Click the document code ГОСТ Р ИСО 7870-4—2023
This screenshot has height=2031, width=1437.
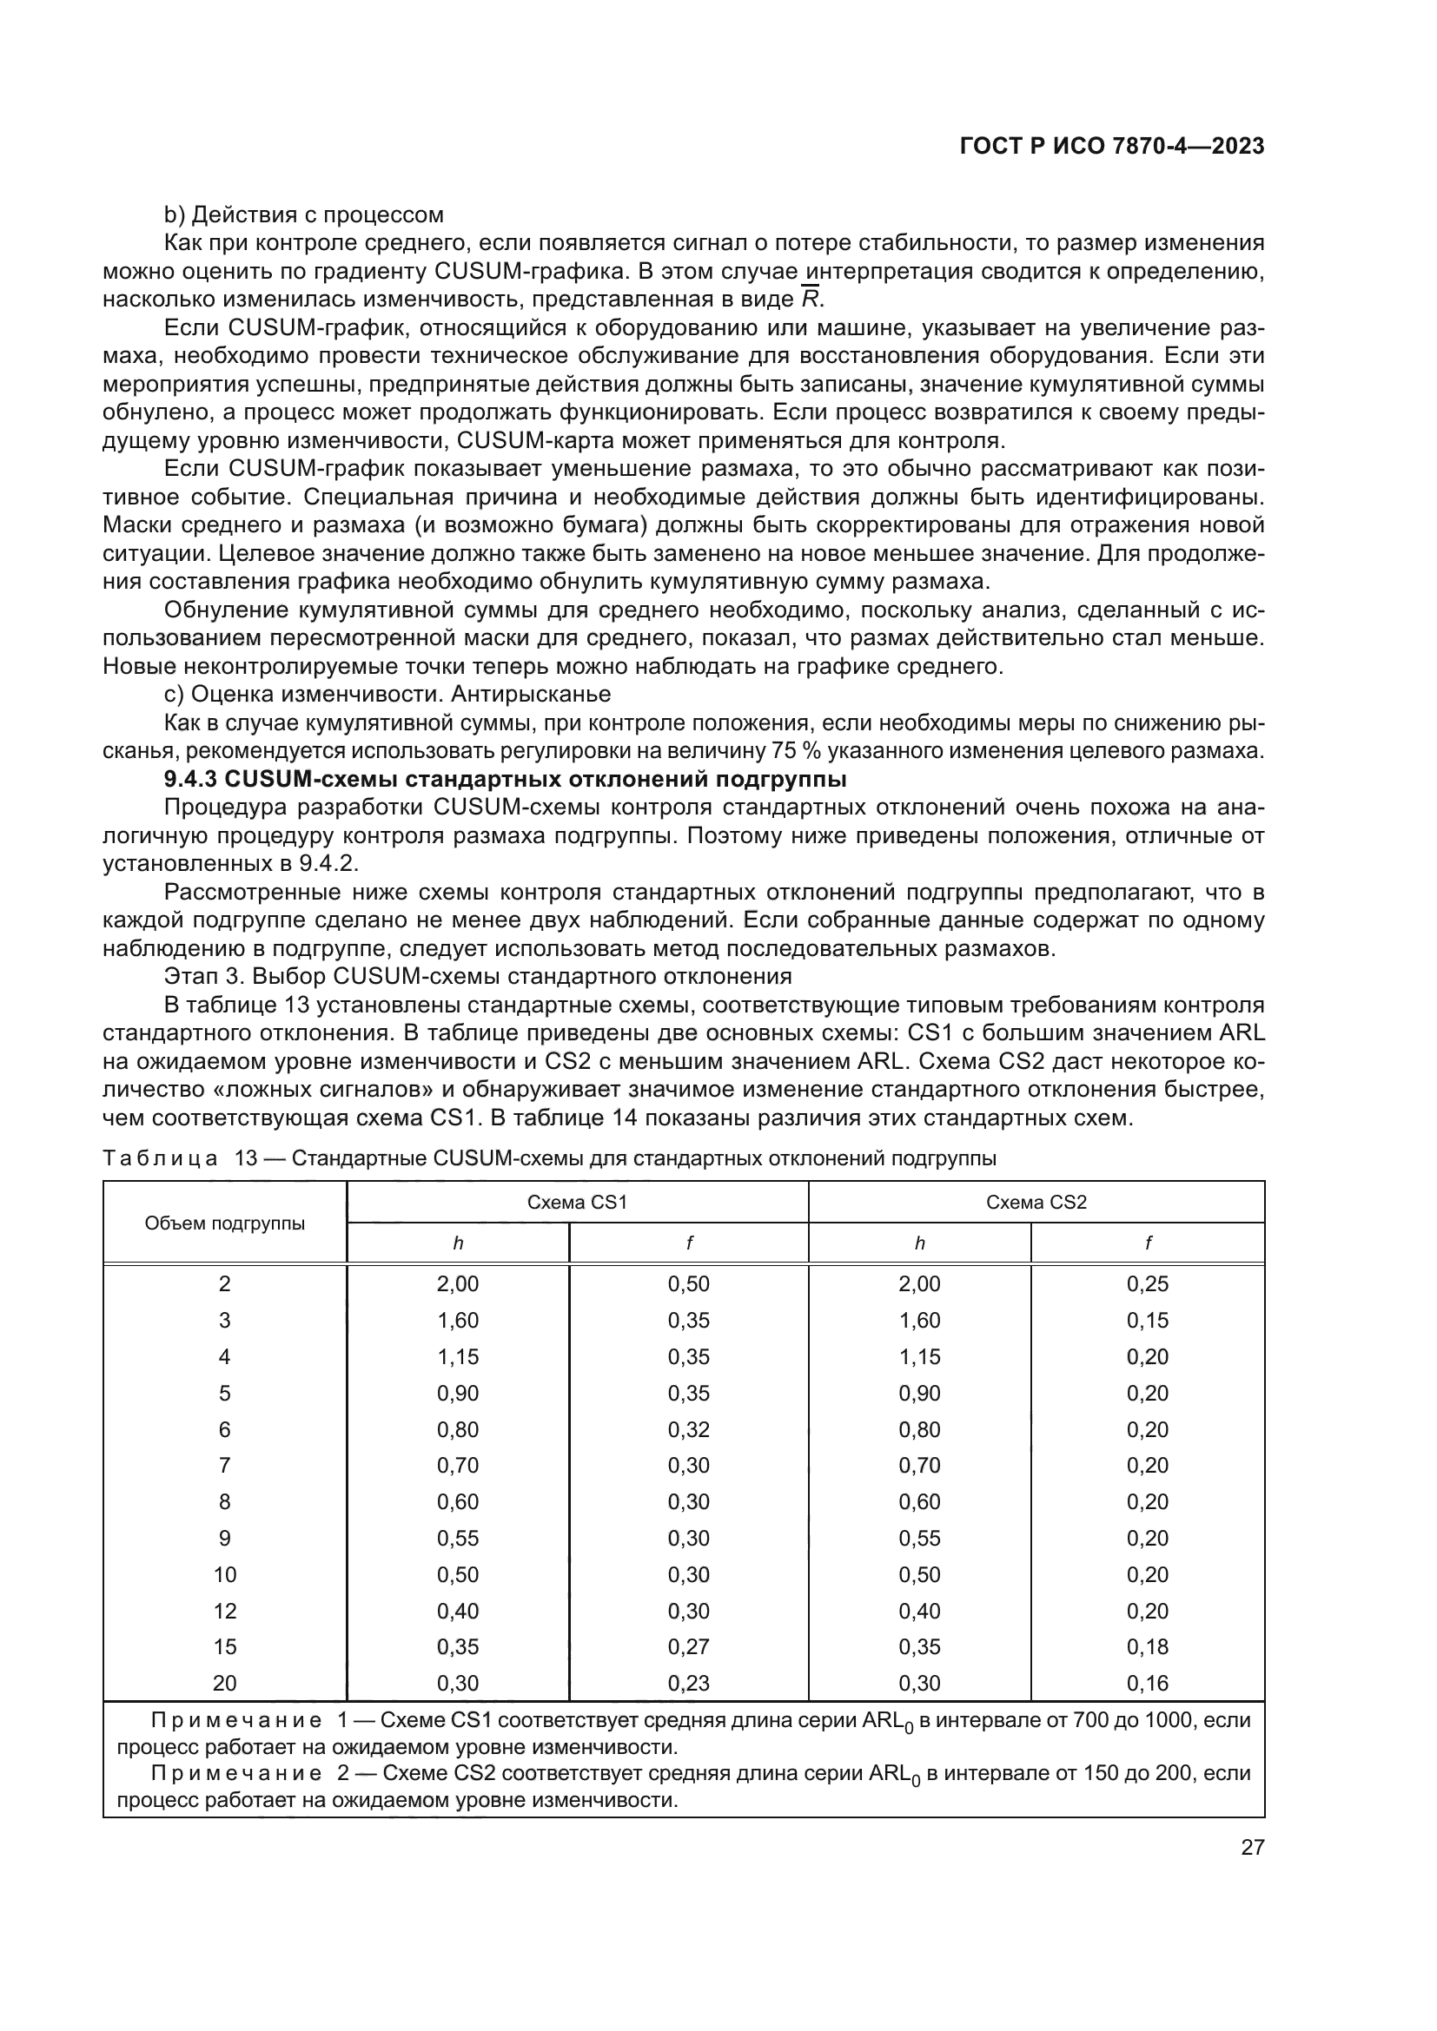pos(1111,147)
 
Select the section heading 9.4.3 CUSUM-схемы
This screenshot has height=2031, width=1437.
pos(506,779)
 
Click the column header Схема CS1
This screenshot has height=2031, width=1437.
pos(577,1202)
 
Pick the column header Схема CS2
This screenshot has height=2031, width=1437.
pos(1036,1202)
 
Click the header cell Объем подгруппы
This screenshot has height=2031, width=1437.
pos(225,1223)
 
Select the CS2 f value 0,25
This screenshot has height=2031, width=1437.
pos(1147,1283)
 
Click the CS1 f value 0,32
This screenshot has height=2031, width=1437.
pos(688,1429)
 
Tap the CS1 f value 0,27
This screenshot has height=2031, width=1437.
pos(688,1646)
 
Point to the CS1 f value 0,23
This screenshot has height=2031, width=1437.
pos(688,1683)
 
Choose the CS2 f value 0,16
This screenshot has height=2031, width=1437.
pos(1147,1683)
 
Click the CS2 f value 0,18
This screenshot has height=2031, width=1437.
pos(1147,1646)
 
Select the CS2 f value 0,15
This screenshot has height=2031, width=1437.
pos(1147,1320)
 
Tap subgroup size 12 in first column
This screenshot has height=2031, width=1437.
pos(225,1610)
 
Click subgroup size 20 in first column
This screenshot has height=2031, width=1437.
pos(225,1683)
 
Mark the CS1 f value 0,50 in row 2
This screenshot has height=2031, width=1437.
pos(688,1283)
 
